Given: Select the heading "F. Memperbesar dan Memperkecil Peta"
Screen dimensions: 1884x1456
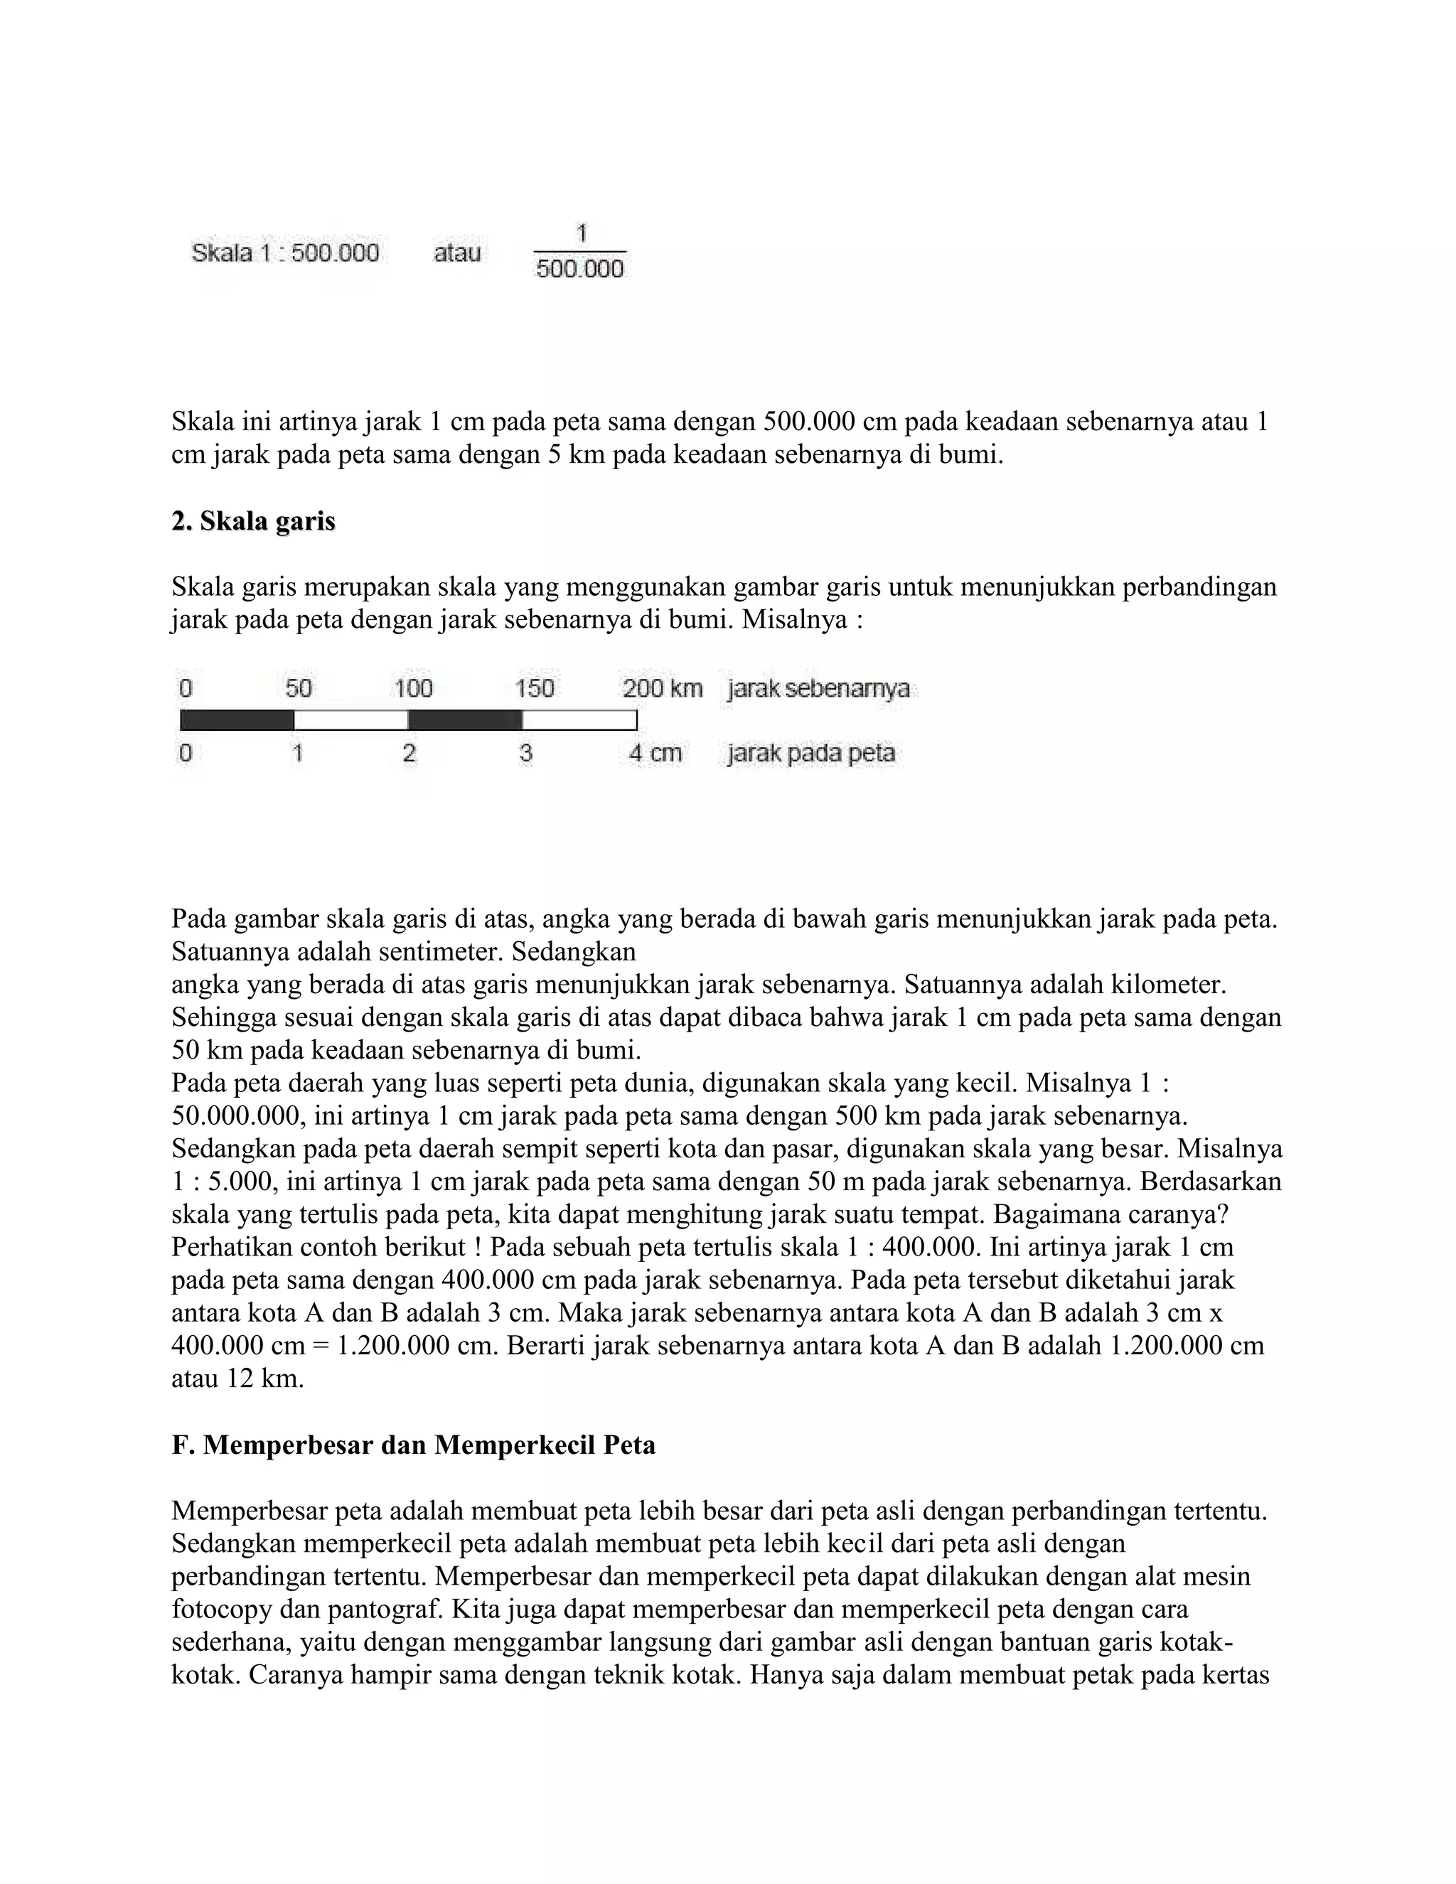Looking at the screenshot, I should pyautogui.click(x=413, y=1445).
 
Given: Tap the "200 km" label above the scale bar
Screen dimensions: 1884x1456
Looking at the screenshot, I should pyautogui.click(x=663, y=688).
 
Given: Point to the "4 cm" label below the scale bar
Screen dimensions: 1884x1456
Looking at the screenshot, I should pyautogui.click(x=655, y=753).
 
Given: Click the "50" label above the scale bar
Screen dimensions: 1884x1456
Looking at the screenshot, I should pyautogui.click(x=299, y=688).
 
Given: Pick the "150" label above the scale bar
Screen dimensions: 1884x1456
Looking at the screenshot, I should pyautogui.click(x=534, y=688).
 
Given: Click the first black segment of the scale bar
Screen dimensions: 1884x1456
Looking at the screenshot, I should pyautogui.click(x=237, y=719).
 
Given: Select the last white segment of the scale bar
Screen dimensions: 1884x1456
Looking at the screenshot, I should pyautogui.click(x=579, y=719).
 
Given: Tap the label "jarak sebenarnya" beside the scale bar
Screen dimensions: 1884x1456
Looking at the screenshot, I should pyautogui.click(x=818, y=688).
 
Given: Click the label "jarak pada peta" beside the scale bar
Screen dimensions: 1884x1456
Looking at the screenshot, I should pyautogui.click(x=810, y=753).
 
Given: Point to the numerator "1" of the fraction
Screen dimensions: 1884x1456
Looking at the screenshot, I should pyautogui.click(x=582, y=233).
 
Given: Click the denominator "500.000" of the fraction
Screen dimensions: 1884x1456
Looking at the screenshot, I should pyautogui.click(x=579, y=269).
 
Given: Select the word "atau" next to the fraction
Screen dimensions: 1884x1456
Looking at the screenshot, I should pyautogui.click(x=457, y=253).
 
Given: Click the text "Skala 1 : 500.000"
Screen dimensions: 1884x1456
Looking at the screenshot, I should pyautogui.click(x=284, y=253).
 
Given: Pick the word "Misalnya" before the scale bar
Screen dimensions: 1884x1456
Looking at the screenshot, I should pyautogui.click(x=794, y=620).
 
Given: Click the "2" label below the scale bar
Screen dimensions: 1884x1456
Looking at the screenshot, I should pyautogui.click(x=409, y=753).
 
